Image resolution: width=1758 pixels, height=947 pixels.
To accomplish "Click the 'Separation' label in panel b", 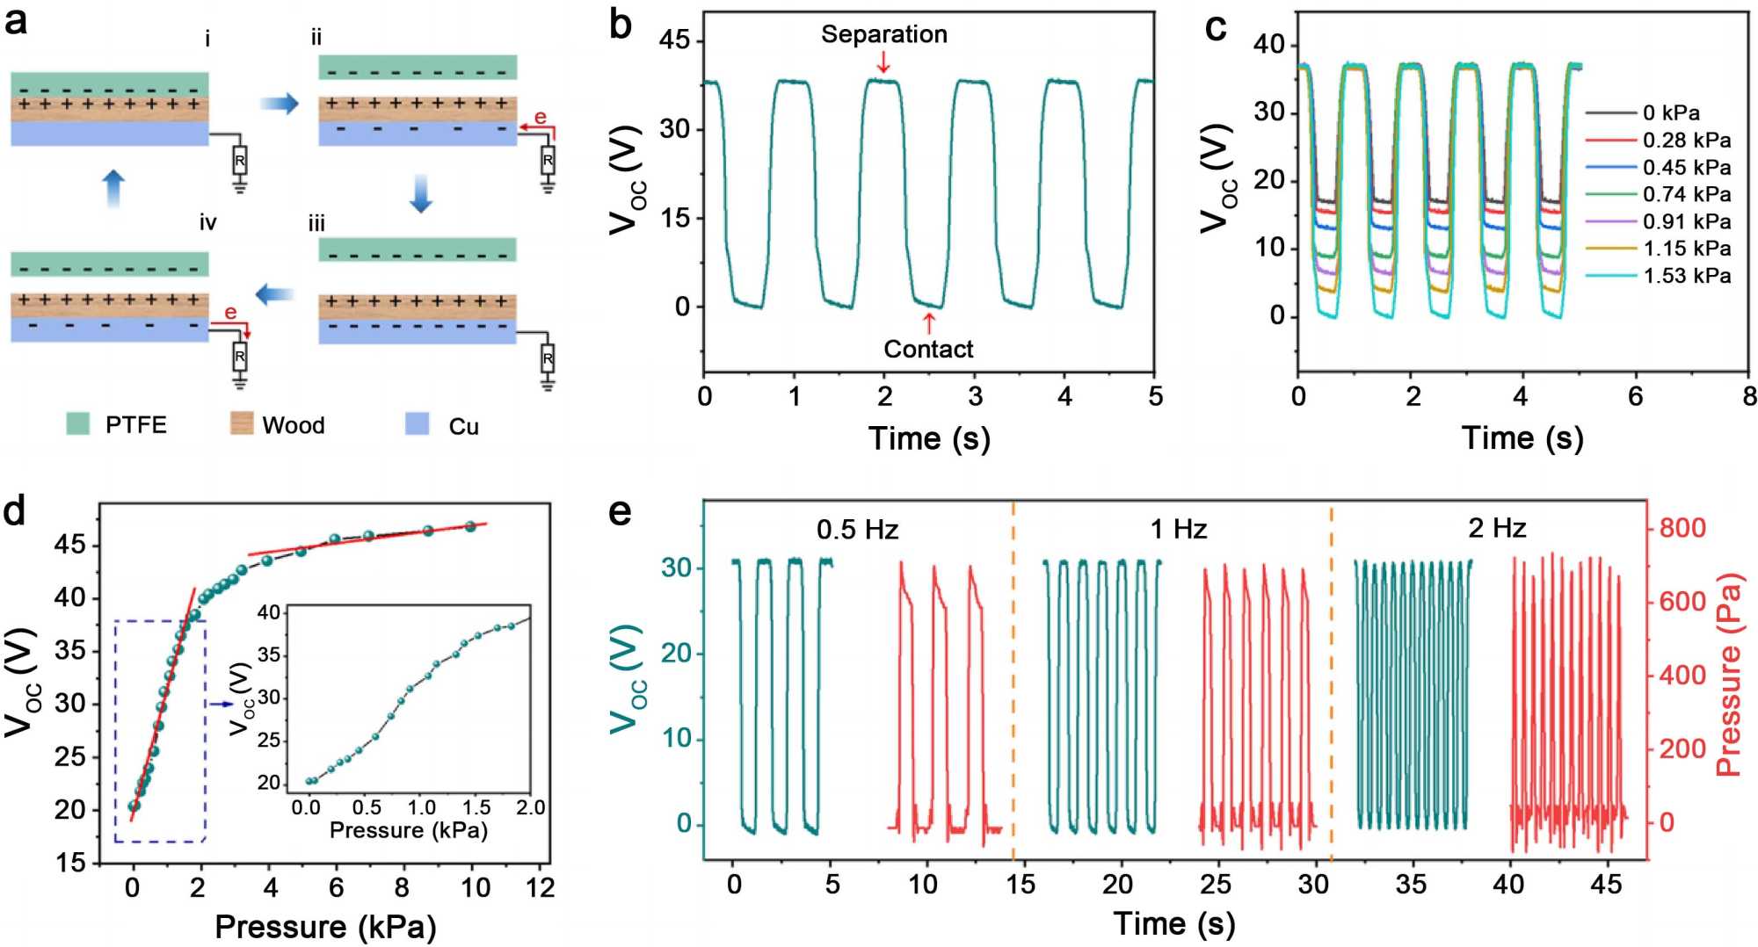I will click(x=883, y=34).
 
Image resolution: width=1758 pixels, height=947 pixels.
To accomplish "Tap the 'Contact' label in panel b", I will click(x=928, y=349).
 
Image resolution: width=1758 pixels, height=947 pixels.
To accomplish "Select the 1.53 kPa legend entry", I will click(x=1687, y=276).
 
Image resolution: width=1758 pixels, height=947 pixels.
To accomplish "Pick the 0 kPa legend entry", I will click(x=1671, y=112).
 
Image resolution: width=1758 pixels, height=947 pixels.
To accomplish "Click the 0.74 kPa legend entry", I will click(x=1687, y=194).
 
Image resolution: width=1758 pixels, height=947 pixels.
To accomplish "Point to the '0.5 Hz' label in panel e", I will click(x=857, y=529).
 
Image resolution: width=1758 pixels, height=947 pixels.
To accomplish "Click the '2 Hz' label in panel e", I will click(x=1496, y=528).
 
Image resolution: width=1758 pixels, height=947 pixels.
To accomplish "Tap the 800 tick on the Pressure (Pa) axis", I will click(x=1682, y=528).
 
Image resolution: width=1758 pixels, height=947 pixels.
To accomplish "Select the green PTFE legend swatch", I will click(x=78, y=424).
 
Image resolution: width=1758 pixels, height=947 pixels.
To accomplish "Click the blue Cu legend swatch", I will click(x=417, y=424).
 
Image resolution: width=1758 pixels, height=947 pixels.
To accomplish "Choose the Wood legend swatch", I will click(x=242, y=424).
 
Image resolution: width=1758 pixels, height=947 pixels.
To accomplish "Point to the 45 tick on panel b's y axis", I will click(x=675, y=41).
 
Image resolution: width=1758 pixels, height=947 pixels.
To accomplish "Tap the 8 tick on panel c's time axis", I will click(x=1749, y=396).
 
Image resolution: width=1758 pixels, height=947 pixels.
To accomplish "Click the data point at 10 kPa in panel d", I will click(x=470, y=526).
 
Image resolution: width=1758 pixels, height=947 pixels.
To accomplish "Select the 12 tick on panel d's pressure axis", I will click(x=540, y=887).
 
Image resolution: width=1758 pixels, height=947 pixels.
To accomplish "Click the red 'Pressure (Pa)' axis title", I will click(x=1728, y=676).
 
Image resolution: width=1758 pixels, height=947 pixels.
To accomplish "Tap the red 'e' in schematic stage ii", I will click(x=540, y=117).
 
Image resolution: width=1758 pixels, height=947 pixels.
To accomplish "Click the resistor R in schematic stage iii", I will click(x=548, y=359).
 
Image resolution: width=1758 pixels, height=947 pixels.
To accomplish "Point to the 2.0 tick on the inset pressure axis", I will click(x=530, y=807).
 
